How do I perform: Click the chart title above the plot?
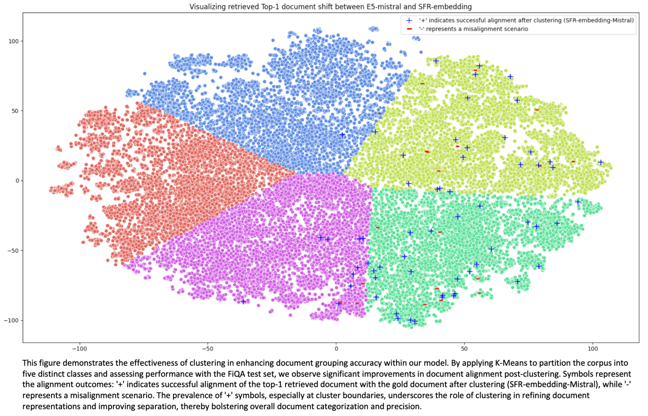click(x=330, y=7)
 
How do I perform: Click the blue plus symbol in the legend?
click(x=409, y=20)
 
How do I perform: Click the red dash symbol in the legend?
click(x=409, y=29)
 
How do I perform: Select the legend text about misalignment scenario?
click(x=473, y=29)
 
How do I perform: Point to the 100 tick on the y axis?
click(x=13, y=41)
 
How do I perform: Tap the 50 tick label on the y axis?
click(x=15, y=111)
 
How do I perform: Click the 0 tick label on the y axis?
click(x=17, y=181)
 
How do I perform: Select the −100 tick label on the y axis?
click(x=12, y=321)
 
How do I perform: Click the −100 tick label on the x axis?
click(x=79, y=349)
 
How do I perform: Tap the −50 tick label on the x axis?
click(x=208, y=349)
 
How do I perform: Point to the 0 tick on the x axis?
click(x=336, y=349)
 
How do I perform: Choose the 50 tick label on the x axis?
click(x=464, y=349)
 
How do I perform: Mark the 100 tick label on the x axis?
click(x=593, y=349)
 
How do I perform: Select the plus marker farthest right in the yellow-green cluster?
click(x=601, y=162)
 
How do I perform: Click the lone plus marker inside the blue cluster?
click(x=342, y=135)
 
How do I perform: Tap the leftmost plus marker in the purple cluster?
click(x=243, y=301)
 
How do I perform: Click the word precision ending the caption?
click(x=405, y=407)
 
